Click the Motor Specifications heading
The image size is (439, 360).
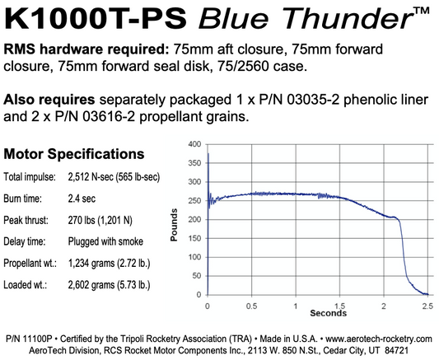point(75,154)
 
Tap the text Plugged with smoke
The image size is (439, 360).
point(105,241)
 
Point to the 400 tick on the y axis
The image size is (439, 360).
point(194,144)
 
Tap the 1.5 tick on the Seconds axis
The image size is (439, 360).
point(339,304)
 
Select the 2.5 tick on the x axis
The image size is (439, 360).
point(427,304)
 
